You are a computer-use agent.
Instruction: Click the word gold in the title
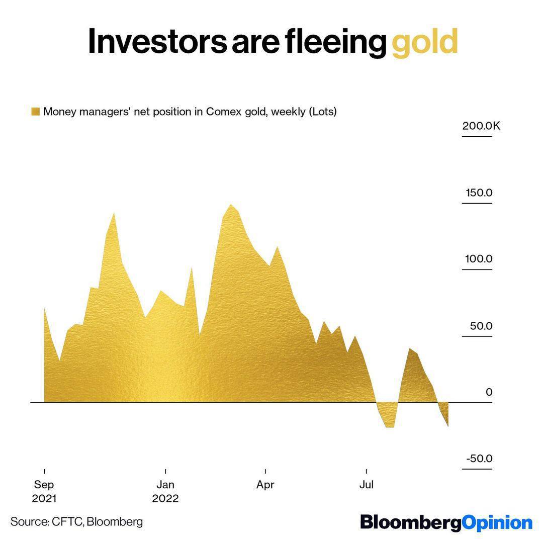click(425, 42)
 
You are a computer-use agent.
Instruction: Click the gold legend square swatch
click(35, 112)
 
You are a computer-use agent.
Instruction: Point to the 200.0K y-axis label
click(481, 126)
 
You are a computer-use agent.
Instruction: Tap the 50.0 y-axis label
click(481, 326)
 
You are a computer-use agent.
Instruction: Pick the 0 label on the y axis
click(489, 392)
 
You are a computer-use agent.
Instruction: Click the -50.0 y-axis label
click(479, 459)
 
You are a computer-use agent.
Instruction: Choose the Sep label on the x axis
click(44, 485)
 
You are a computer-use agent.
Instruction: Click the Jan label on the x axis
click(165, 485)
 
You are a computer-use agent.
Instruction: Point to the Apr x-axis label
click(265, 485)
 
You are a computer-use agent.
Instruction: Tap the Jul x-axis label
click(367, 485)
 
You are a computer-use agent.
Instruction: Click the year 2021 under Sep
click(44, 499)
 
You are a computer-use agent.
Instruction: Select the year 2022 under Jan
click(165, 499)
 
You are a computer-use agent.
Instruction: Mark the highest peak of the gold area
click(230, 205)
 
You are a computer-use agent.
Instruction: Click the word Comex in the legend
click(222, 112)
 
